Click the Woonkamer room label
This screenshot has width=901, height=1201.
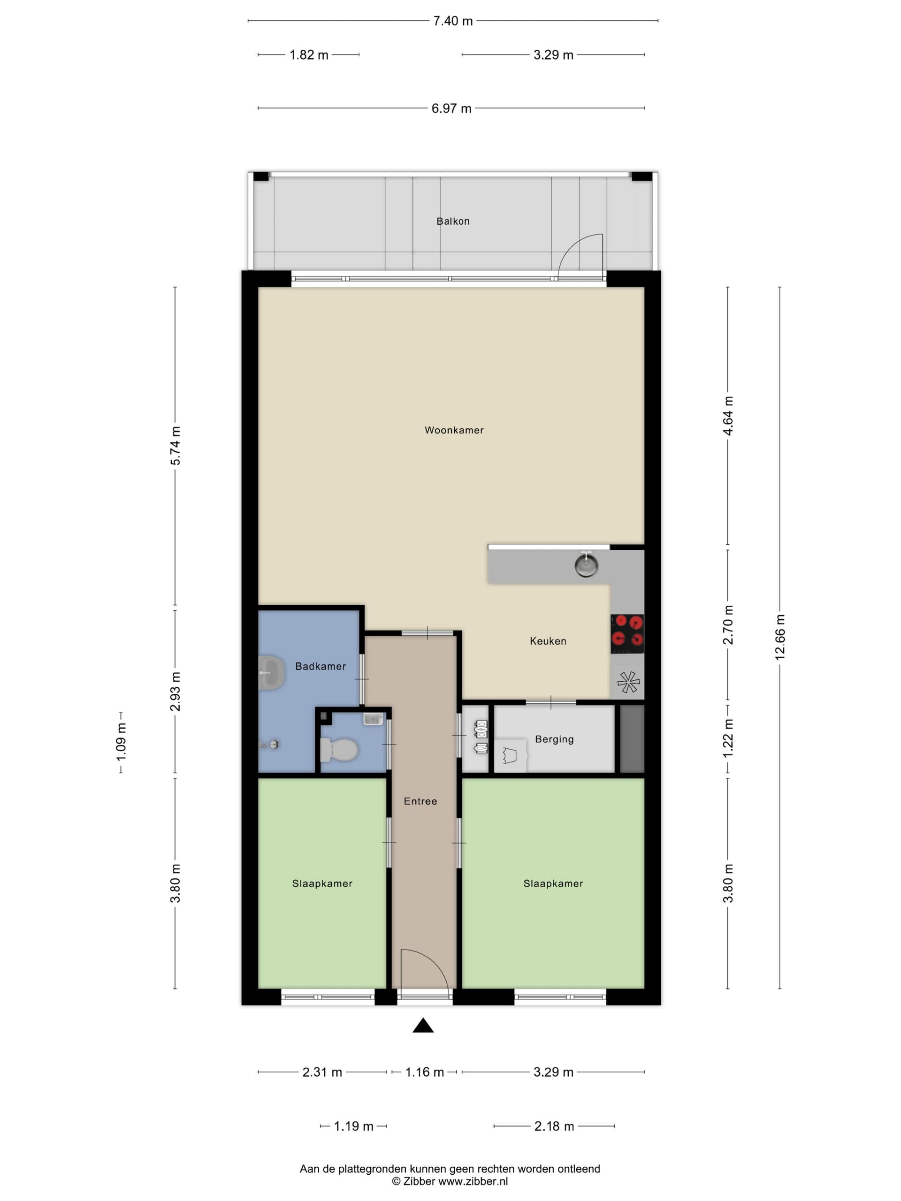(454, 430)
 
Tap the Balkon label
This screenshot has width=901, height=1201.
(453, 221)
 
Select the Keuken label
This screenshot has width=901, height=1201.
(548, 641)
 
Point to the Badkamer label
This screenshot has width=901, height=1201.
(321, 666)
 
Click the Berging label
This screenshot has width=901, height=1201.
(554, 739)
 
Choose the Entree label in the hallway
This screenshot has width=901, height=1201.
(420, 801)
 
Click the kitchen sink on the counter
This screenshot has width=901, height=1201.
(586, 565)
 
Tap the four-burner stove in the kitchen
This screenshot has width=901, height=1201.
(627, 634)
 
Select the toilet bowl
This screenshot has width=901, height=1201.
(339, 750)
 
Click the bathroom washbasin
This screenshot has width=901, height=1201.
(271, 673)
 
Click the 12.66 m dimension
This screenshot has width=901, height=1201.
(780, 637)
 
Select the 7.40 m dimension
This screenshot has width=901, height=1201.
(453, 21)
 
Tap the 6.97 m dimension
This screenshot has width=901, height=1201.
(451, 108)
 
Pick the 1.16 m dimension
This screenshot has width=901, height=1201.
(425, 1072)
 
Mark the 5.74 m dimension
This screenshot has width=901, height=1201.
(176, 445)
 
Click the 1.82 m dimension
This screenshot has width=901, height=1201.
(309, 55)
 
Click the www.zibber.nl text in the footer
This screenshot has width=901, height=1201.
(473, 1181)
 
